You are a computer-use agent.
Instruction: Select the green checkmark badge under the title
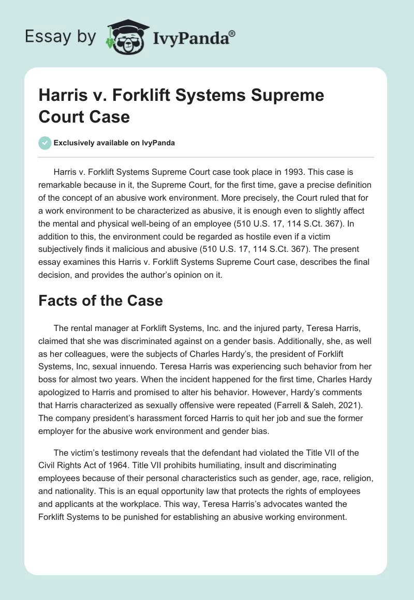click(45, 143)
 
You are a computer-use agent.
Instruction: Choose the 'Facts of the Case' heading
click(100, 301)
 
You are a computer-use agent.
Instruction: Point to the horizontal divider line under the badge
click(206, 157)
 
